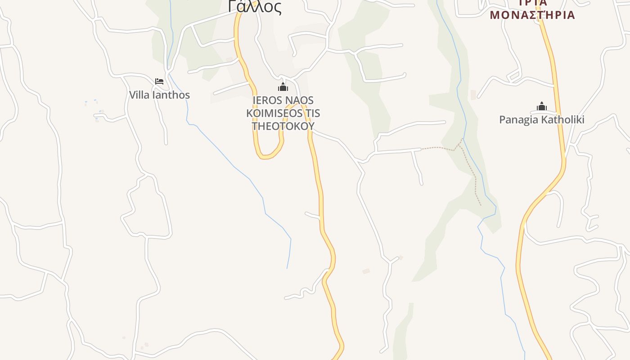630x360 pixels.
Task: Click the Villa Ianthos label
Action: [159, 95]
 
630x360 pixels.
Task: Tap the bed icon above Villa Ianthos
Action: [159, 81]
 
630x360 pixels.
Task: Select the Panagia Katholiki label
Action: [541, 120]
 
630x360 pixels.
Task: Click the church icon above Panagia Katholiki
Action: [541, 107]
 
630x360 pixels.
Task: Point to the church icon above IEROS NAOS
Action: [283, 87]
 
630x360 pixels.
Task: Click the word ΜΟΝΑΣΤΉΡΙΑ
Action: [532, 15]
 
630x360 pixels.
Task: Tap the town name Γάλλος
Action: [255, 7]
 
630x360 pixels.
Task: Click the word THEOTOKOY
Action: [283, 126]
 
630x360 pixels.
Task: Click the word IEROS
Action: [266, 100]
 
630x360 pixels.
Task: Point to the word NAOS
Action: [298, 100]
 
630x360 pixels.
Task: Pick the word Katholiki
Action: [562, 120]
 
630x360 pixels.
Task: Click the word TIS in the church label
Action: [312, 113]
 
